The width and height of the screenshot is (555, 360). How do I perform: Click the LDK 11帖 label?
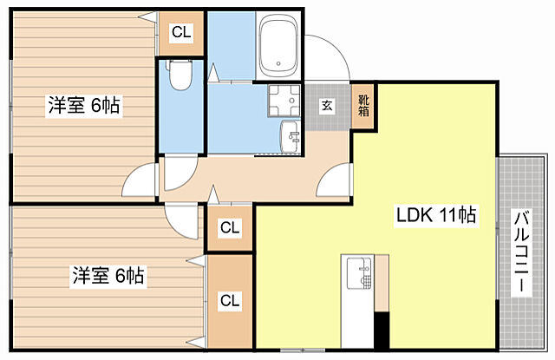click(x=435, y=215)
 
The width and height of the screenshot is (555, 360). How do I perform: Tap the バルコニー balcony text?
click(x=522, y=252)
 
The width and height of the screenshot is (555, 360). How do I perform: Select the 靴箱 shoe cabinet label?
click(x=363, y=105)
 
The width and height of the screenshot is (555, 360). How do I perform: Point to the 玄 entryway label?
click(x=327, y=105)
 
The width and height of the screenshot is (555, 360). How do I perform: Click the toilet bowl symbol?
click(x=180, y=75)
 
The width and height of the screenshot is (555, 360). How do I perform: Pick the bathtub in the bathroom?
click(x=277, y=46)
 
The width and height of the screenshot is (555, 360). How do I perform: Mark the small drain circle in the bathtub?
click(x=278, y=63)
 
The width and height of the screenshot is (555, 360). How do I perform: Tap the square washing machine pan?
click(x=284, y=101)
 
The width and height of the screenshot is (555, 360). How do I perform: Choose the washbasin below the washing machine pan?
click(x=291, y=137)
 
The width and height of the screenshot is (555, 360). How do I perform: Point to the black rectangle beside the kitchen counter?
click(x=382, y=331)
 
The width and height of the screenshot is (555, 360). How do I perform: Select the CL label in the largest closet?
click(x=230, y=301)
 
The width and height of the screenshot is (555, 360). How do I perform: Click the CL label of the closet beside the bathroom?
click(x=181, y=33)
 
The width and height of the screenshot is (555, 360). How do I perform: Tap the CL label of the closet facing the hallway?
click(x=230, y=228)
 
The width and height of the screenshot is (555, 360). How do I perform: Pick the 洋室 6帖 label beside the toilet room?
click(x=84, y=105)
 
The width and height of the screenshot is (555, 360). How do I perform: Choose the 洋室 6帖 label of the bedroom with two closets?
click(x=108, y=276)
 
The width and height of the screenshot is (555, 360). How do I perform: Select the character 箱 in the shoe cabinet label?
click(x=363, y=111)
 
